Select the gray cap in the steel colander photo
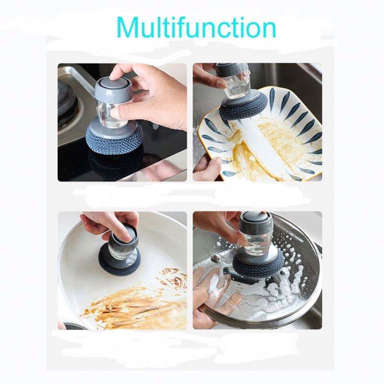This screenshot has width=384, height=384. coord(255,222)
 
